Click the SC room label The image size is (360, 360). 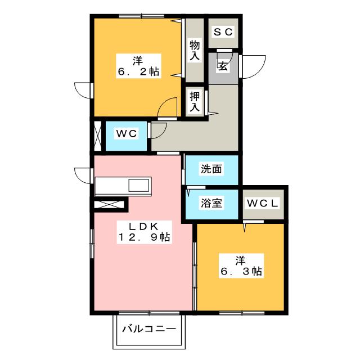click(x=223, y=32)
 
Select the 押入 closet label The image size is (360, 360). click(x=195, y=101)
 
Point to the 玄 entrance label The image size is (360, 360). click(x=223, y=66)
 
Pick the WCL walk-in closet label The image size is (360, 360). click(x=263, y=203)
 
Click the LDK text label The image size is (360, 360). click(x=143, y=226)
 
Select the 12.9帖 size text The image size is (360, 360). click(x=143, y=237)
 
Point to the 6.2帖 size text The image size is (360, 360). click(x=138, y=72)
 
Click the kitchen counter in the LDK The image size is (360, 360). click(x=123, y=186)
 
